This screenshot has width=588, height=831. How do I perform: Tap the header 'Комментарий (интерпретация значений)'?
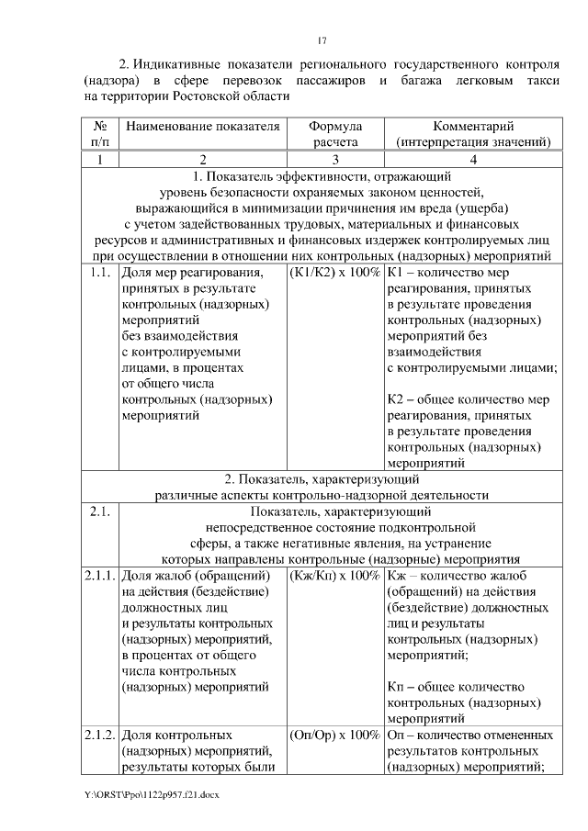[x=472, y=134]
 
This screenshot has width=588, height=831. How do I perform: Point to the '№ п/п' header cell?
[x=100, y=134]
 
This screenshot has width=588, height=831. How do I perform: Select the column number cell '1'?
[x=100, y=160]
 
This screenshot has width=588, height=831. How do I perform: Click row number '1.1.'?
[x=101, y=273]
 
